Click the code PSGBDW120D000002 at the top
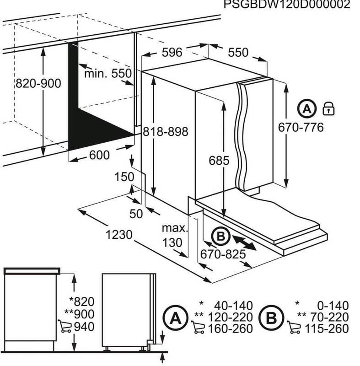287,5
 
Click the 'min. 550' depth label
108,73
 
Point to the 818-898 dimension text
165,132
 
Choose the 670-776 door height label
301,128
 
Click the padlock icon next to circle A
329,108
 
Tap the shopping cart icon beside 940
65,327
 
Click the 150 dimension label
124,177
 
